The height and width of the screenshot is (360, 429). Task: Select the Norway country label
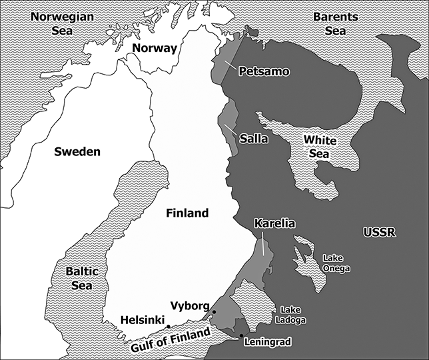pos(155,48)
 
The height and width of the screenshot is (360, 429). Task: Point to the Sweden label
pos(78,151)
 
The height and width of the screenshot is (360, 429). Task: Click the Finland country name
pos(187,213)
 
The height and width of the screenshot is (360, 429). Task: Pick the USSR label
pos(380,232)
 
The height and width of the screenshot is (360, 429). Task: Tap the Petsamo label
pos(264,71)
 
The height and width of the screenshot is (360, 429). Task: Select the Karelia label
pos(274,223)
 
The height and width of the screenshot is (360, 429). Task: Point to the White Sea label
pos(320,147)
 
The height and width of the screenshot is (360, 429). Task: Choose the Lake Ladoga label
pos(294,315)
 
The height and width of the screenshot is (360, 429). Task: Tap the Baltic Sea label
pos(83,278)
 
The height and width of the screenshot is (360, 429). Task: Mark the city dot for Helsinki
pos(169,326)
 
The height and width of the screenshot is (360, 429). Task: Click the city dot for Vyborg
pos(214,312)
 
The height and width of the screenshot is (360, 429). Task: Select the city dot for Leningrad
pos(241,335)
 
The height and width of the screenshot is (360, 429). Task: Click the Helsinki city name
pos(143,321)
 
